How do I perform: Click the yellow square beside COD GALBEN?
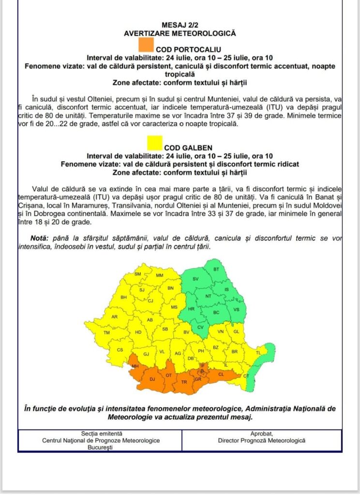click(154, 143)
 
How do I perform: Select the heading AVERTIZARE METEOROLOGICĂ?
click(180, 33)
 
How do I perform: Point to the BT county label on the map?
click(216, 269)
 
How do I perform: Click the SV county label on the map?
click(195, 279)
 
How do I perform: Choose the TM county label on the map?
click(107, 333)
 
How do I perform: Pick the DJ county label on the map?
click(152, 379)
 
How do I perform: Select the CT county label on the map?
click(246, 376)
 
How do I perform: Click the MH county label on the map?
click(135, 366)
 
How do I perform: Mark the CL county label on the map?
click(222, 374)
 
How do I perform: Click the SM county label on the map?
click(137, 274)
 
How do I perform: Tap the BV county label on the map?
click(186, 332)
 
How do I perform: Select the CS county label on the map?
click(120, 349)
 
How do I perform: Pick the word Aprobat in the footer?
click(261, 433)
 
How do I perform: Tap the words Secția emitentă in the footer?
click(101, 433)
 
